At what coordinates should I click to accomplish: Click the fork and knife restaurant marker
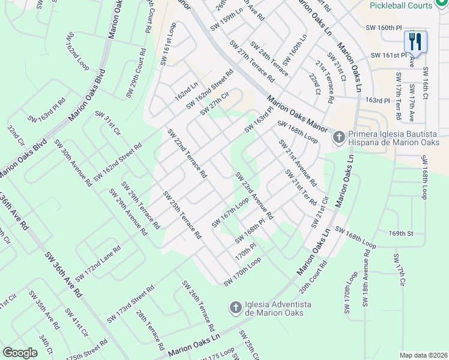(415, 41)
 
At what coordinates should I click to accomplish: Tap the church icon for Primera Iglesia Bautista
(339, 138)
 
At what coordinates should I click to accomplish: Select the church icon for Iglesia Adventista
(236, 308)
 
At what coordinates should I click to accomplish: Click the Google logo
(20, 353)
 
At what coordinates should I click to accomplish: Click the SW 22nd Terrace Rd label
(187, 154)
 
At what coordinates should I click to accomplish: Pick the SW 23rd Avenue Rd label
(254, 196)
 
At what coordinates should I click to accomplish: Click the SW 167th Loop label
(229, 214)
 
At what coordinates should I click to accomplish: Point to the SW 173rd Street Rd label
(130, 303)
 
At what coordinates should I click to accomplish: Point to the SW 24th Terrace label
(269, 59)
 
